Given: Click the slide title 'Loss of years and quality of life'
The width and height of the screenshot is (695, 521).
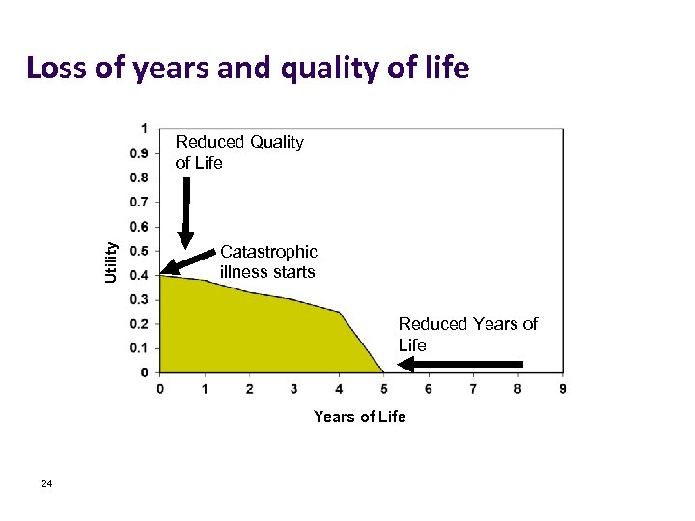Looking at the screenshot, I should pos(248,69).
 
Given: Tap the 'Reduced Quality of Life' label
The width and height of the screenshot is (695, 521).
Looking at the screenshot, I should pos(239,152).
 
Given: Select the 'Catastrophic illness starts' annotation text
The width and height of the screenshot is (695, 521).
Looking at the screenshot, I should pos(267,261).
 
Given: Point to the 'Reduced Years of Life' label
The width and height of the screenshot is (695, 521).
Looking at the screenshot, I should pos(467,334).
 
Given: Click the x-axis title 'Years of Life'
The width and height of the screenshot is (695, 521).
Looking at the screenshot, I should pos(359,416).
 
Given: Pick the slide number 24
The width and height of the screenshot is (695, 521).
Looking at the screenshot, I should pos(46,483).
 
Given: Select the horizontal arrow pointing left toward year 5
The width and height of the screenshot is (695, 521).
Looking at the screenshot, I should pos(461,365).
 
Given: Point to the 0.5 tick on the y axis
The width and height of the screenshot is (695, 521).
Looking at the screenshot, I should pos(140,251).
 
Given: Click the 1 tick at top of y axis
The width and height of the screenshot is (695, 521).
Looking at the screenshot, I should pos(144,128).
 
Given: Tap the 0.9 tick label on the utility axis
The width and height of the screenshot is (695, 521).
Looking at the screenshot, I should pos(140,153).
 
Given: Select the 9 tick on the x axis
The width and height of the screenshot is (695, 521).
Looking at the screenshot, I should pos(562,388).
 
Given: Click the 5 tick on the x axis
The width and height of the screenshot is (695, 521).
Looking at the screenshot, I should pos(383,388).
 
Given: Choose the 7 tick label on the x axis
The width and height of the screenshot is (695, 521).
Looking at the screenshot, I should pos(473,388).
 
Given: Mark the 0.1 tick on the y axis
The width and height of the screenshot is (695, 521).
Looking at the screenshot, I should pos(140,348).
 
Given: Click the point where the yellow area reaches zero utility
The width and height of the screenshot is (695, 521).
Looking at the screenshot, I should pos(383,372).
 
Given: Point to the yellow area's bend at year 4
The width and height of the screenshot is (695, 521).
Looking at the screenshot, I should pos(339,312).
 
